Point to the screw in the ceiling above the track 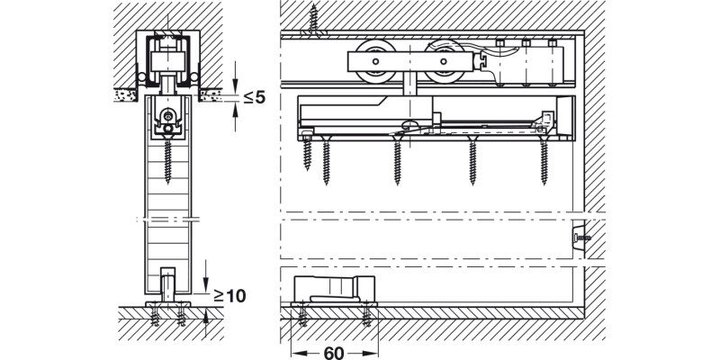click(x=314, y=19)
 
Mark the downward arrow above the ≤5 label click(x=235, y=72)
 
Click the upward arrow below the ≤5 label click(x=235, y=112)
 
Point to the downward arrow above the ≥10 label click(x=206, y=270)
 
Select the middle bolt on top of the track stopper click(x=524, y=42)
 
